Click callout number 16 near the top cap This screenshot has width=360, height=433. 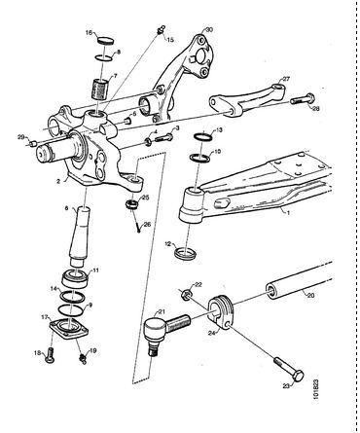pyautogui.click(x=89, y=32)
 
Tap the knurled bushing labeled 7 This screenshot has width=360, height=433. pyautogui.click(x=100, y=89)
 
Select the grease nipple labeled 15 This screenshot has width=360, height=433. pyautogui.click(x=161, y=30)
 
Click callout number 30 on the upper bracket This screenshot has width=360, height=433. pyautogui.click(x=209, y=30)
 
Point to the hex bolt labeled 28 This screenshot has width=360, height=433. pyautogui.click(x=303, y=99)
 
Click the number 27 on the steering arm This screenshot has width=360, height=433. pyautogui.click(x=286, y=79)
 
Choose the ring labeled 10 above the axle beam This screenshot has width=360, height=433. pyautogui.click(x=199, y=158)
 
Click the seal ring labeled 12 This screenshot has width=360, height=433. pyautogui.click(x=185, y=252)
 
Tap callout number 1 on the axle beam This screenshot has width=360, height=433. pyautogui.click(x=287, y=212)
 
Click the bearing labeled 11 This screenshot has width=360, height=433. pyautogui.click(x=75, y=278)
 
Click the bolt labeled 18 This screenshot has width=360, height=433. pyautogui.click(x=51, y=355)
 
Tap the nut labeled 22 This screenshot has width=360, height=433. pyautogui.click(x=187, y=295)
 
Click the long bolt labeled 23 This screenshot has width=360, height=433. pyautogui.click(x=289, y=369)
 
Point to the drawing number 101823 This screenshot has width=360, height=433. pyautogui.click(x=316, y=393)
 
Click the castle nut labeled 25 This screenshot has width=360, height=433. pyautogui.click(x=131, y=205)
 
